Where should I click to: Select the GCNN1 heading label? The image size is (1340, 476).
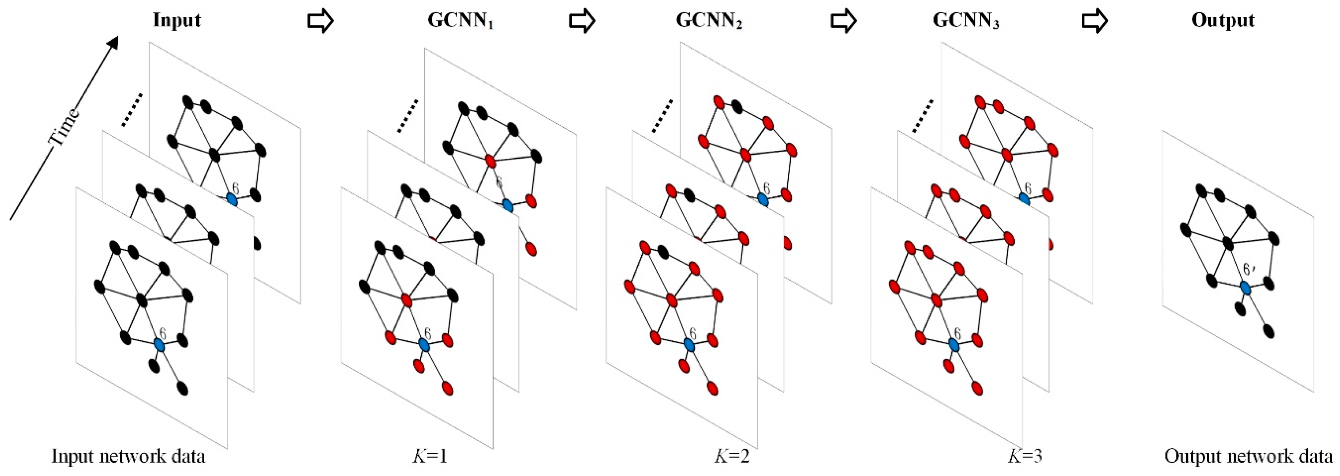pos(460,21)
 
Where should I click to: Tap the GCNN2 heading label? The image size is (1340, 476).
pos(709,21)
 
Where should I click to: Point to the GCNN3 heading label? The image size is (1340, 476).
pos(966,21)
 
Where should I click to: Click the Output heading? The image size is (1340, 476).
pos(1223,20)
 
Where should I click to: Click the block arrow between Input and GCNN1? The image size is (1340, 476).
pos(320,21)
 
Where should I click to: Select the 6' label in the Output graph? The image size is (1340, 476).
pos(1248,269)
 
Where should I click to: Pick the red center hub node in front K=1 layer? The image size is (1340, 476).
pos(407,300)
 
